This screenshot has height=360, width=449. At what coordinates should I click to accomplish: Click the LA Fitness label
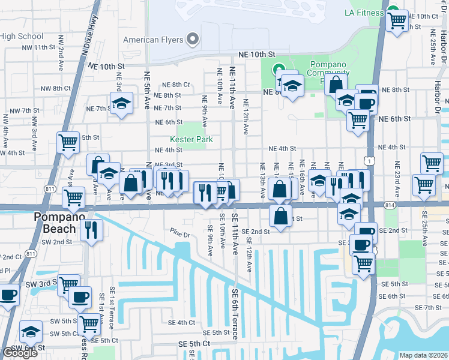pos(364,13)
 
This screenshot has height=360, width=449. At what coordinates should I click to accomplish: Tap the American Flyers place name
pos(153,40)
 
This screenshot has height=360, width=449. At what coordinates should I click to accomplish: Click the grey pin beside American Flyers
pos(193,40)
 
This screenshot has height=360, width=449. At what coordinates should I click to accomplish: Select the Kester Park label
pos(191,139)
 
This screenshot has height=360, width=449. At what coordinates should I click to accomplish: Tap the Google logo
pos(20,353)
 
